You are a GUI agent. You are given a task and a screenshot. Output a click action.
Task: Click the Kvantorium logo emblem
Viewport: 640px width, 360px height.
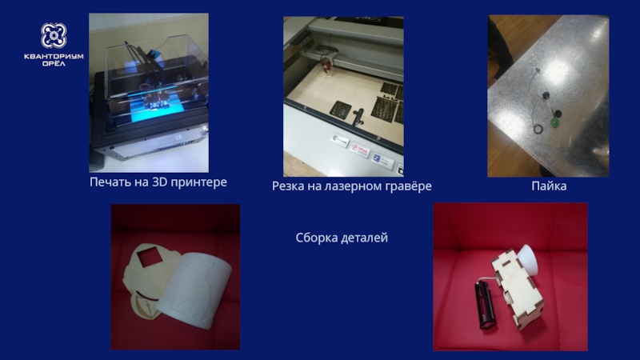[x=54, y=35]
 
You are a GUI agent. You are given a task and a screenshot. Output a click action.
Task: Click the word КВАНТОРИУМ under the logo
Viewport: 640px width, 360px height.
[x=54, y=56]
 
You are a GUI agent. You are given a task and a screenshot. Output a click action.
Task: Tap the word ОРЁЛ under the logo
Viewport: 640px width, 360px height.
[x=54, y=63]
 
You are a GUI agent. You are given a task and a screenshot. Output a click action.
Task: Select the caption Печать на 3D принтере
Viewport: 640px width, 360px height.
[x=158, y=182]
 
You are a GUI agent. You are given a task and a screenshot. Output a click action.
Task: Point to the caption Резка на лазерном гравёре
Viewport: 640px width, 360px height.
[x=351, y=186]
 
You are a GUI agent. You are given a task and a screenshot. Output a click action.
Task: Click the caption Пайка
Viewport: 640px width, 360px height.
[x=549, y=186]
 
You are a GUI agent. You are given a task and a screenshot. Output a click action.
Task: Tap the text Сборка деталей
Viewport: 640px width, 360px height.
[x=342, y=238]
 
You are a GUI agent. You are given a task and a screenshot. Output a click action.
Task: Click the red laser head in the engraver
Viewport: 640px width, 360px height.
[x=327, y=64]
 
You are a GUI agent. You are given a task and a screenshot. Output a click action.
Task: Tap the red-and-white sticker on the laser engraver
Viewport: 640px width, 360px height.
[x=359, y=150]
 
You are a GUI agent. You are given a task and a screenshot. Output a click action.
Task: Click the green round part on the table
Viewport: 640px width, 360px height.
[x=554, y=122]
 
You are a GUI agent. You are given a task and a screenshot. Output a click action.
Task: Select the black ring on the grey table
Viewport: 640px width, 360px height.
[x=538, y=129]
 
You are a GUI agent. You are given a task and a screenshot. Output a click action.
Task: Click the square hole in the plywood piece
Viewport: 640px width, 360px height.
[x=146, y=258]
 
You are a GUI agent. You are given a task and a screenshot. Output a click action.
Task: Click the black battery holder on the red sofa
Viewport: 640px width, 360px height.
[x=486, y=305]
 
